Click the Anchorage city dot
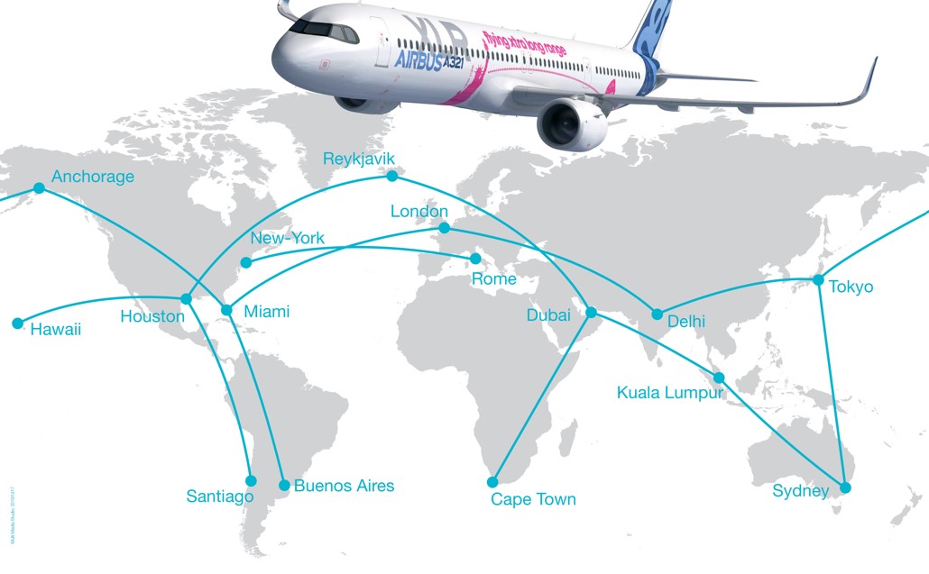coord(39,187)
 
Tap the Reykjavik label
coord(359,159)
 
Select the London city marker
coord(443,228)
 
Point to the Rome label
coord(494,278)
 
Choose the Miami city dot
coord(226,310)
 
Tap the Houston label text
coord(152,316)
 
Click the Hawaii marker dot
coord(16,323)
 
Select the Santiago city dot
coord(251,480)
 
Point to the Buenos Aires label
coord(345,486)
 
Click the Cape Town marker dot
coord(493,481)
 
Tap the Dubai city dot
coord(592,312)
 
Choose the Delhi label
coord(686,321)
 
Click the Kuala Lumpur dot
coord(720,377)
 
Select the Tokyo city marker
coord(818,279)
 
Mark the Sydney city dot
coord(845,487)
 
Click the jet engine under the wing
coord(572,124)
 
